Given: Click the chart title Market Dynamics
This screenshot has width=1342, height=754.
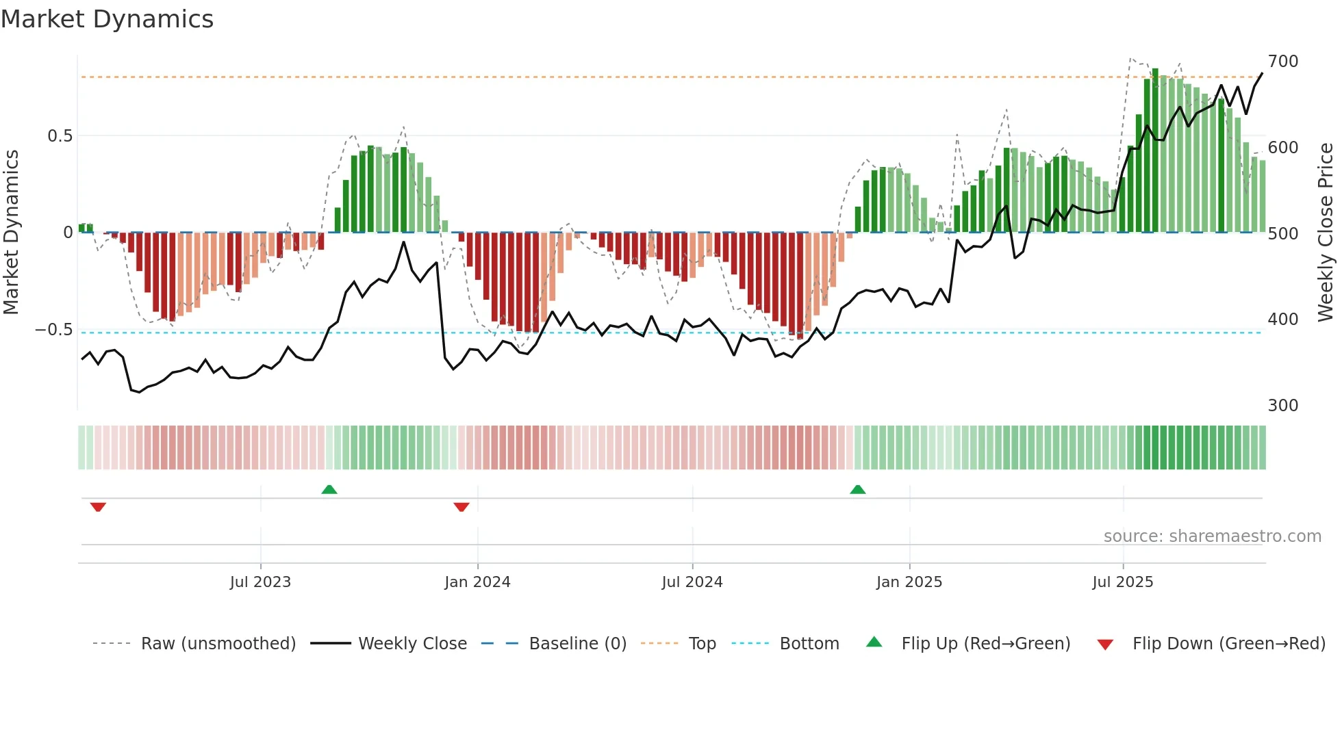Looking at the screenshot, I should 107,19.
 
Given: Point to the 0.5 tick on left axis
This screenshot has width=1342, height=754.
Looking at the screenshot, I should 60,136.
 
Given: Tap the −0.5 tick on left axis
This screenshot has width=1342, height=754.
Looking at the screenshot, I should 54,330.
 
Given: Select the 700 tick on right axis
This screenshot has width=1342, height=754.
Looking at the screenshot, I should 1282,62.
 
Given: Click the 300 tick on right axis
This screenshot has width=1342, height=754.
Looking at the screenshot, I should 1282,406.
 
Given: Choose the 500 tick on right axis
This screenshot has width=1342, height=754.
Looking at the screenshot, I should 1282,234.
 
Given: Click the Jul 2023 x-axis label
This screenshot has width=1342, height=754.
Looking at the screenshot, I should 260,582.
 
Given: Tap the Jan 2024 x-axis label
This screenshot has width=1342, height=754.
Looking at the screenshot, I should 477,582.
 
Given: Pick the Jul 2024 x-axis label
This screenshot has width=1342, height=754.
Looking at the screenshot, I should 692,582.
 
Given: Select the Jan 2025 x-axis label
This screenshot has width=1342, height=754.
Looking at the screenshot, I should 909,582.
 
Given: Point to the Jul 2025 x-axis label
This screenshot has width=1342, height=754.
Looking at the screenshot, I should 1122,582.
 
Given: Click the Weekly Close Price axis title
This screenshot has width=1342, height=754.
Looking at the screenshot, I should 1326,233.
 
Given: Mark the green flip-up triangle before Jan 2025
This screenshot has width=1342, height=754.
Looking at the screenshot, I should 857,489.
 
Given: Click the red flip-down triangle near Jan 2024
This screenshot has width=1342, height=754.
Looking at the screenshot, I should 461,507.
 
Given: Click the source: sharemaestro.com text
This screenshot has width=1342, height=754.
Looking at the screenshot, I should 1212,536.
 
